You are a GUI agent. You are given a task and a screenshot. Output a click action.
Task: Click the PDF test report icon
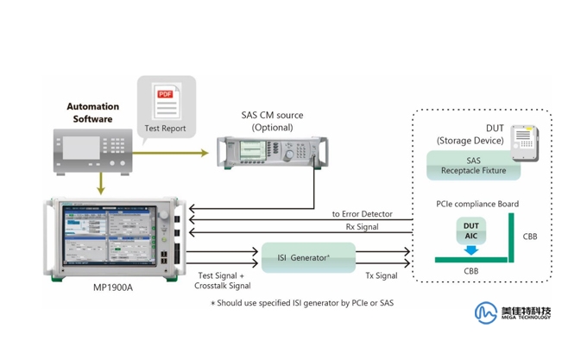[165, 100]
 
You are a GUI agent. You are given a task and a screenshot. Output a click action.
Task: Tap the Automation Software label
[92, 113]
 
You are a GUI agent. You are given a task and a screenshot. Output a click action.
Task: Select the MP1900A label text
[113, 287]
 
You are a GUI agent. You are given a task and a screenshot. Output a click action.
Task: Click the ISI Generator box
[308, 257]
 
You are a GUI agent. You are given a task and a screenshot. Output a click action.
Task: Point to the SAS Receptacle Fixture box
[473, 166]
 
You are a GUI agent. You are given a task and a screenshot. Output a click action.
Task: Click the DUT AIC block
[470, 231]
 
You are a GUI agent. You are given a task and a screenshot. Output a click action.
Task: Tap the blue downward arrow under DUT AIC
[470, 250]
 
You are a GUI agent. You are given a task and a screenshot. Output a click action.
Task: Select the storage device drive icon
[523, 142]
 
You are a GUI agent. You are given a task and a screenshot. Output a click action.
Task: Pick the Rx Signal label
[361, 227]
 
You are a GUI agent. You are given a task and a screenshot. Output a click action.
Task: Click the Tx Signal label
[381, 276]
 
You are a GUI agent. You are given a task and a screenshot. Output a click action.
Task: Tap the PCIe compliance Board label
[477, 205]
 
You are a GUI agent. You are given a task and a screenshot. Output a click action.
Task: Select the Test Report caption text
[165, 129]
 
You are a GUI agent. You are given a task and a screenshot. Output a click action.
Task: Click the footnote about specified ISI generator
[302, 303]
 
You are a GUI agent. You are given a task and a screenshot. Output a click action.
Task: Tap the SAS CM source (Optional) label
[272, 121]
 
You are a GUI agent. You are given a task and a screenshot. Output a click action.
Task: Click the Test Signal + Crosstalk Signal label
[223, 281]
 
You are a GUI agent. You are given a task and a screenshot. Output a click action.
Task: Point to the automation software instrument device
[92, 150]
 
